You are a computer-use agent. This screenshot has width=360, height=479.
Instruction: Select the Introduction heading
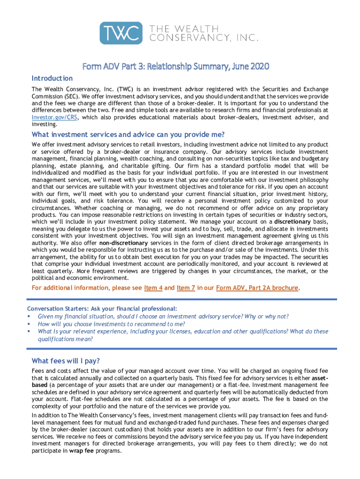(52, 78)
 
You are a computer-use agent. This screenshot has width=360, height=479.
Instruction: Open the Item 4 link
(153, 288)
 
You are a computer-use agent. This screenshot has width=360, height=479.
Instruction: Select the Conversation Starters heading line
(102, 309)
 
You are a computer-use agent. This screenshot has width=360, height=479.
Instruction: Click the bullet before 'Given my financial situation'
(29, 316)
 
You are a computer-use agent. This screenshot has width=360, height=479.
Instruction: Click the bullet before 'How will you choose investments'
(29, 324)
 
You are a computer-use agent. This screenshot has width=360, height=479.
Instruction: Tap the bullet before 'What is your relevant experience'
(29, 331)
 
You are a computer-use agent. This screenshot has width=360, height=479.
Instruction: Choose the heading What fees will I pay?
(65, 361)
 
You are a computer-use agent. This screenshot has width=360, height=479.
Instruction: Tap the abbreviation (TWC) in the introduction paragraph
(126, 89)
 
